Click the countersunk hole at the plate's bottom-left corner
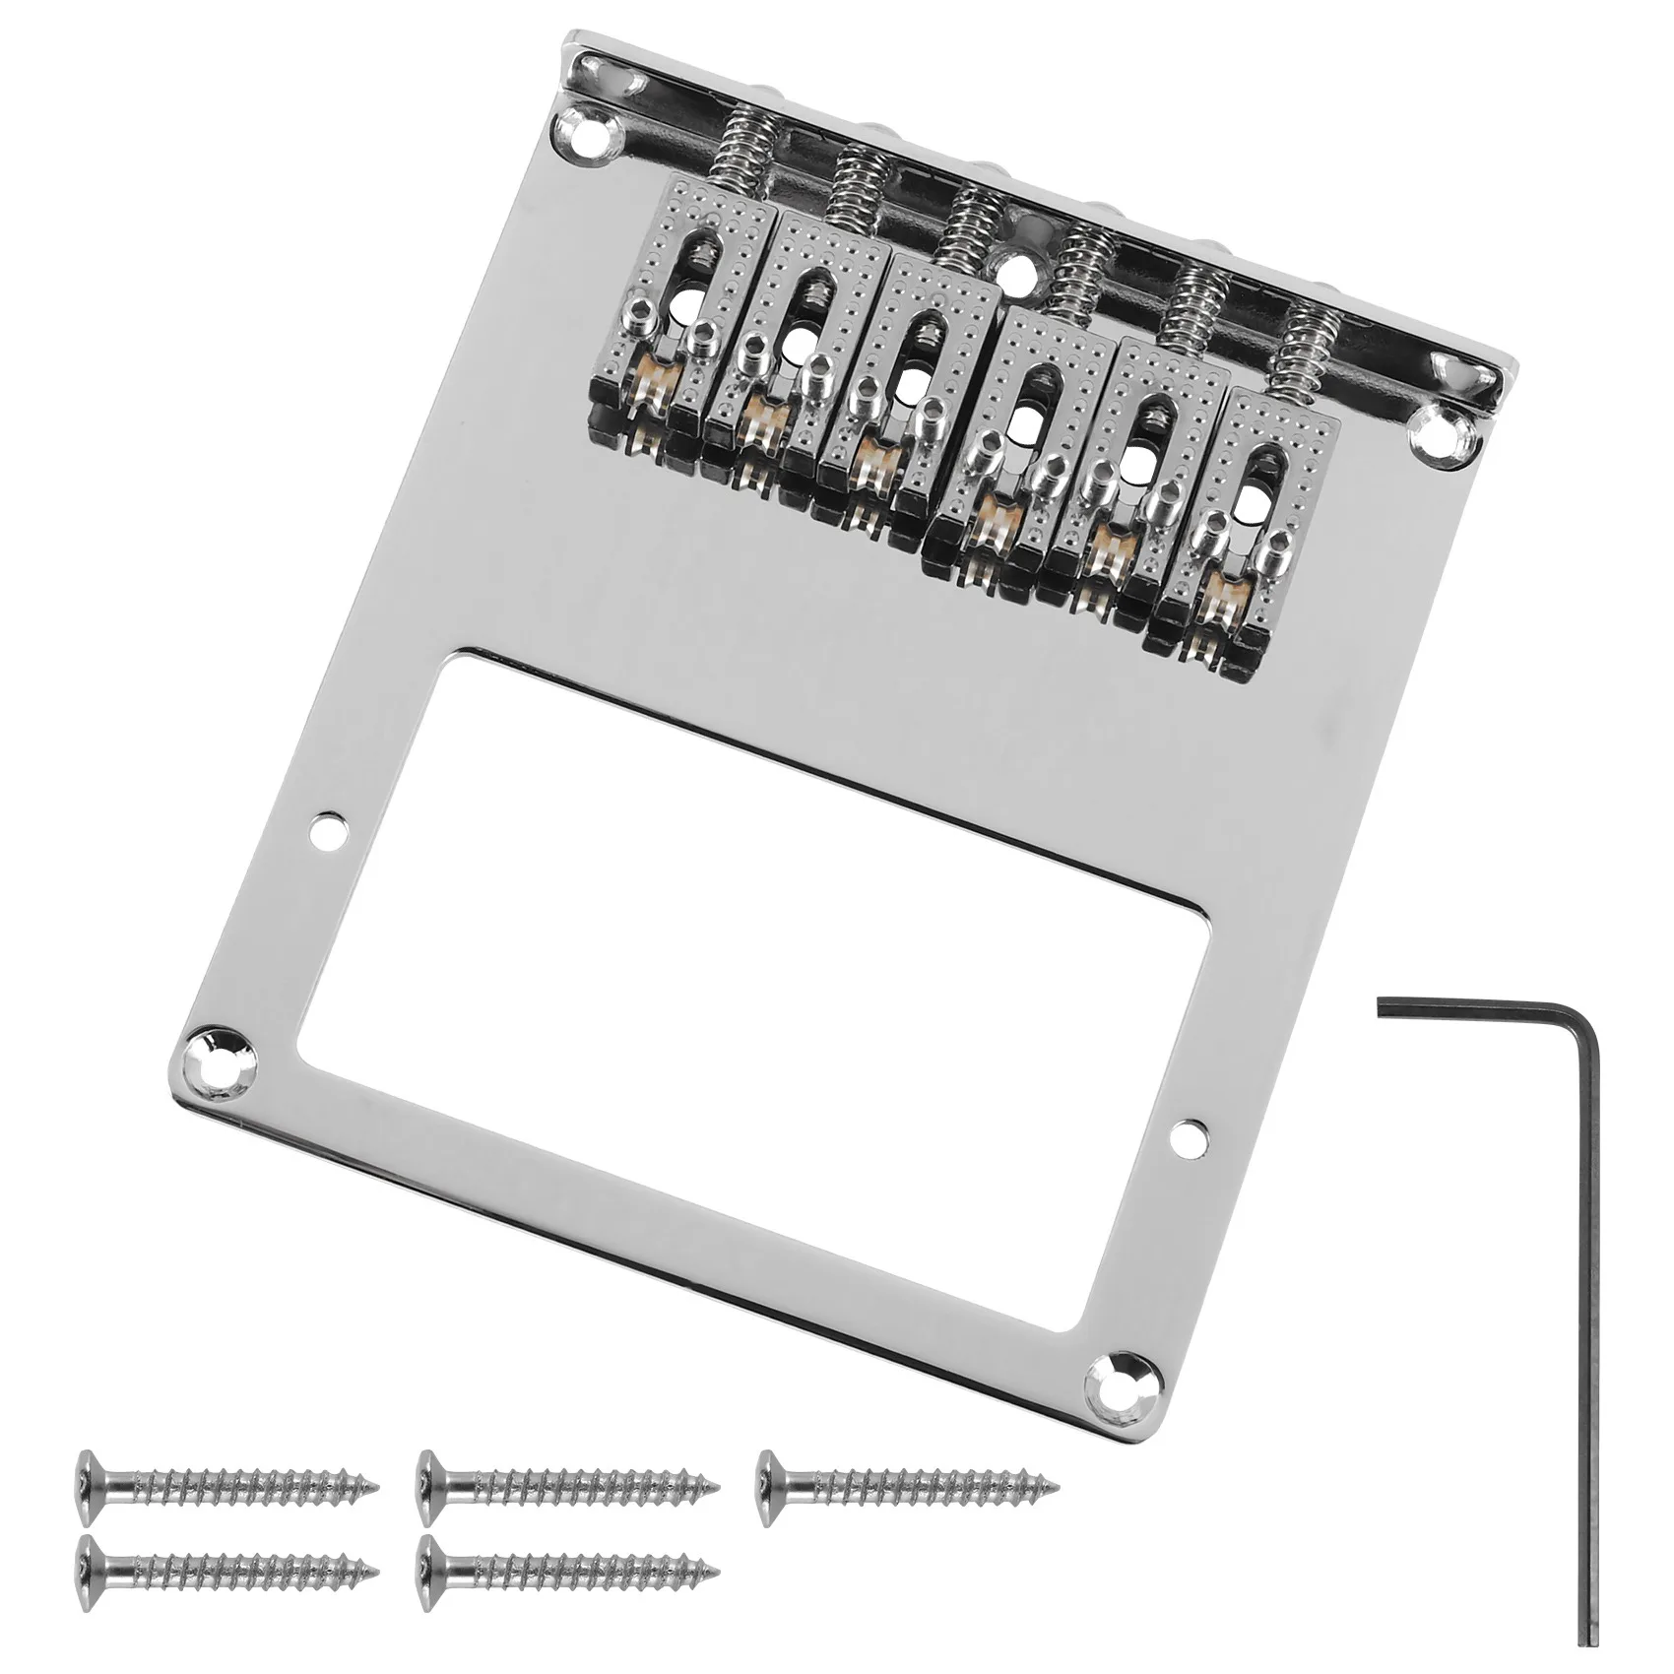point(219,1049)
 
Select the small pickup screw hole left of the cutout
point(327,828)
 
